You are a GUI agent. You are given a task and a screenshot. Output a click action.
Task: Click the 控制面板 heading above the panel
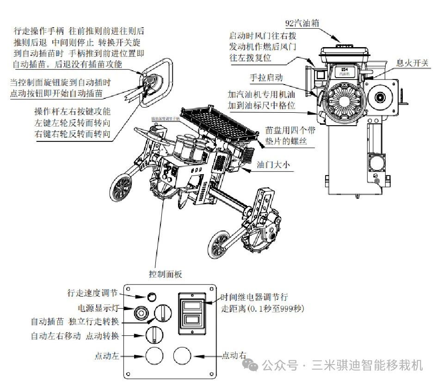tap(166, 274)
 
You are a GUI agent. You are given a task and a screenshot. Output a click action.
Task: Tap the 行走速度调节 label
tap(92, 293)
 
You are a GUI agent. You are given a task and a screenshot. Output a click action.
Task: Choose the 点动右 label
tap(234, 355)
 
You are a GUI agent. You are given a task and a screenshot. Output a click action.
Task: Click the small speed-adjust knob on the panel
tap(152, 296)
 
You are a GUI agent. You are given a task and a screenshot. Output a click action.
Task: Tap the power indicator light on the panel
tap(141, 313)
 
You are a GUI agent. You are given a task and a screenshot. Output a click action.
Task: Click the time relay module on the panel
tap(192, 312)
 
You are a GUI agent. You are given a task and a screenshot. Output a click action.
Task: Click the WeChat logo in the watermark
tap(253, 366)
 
